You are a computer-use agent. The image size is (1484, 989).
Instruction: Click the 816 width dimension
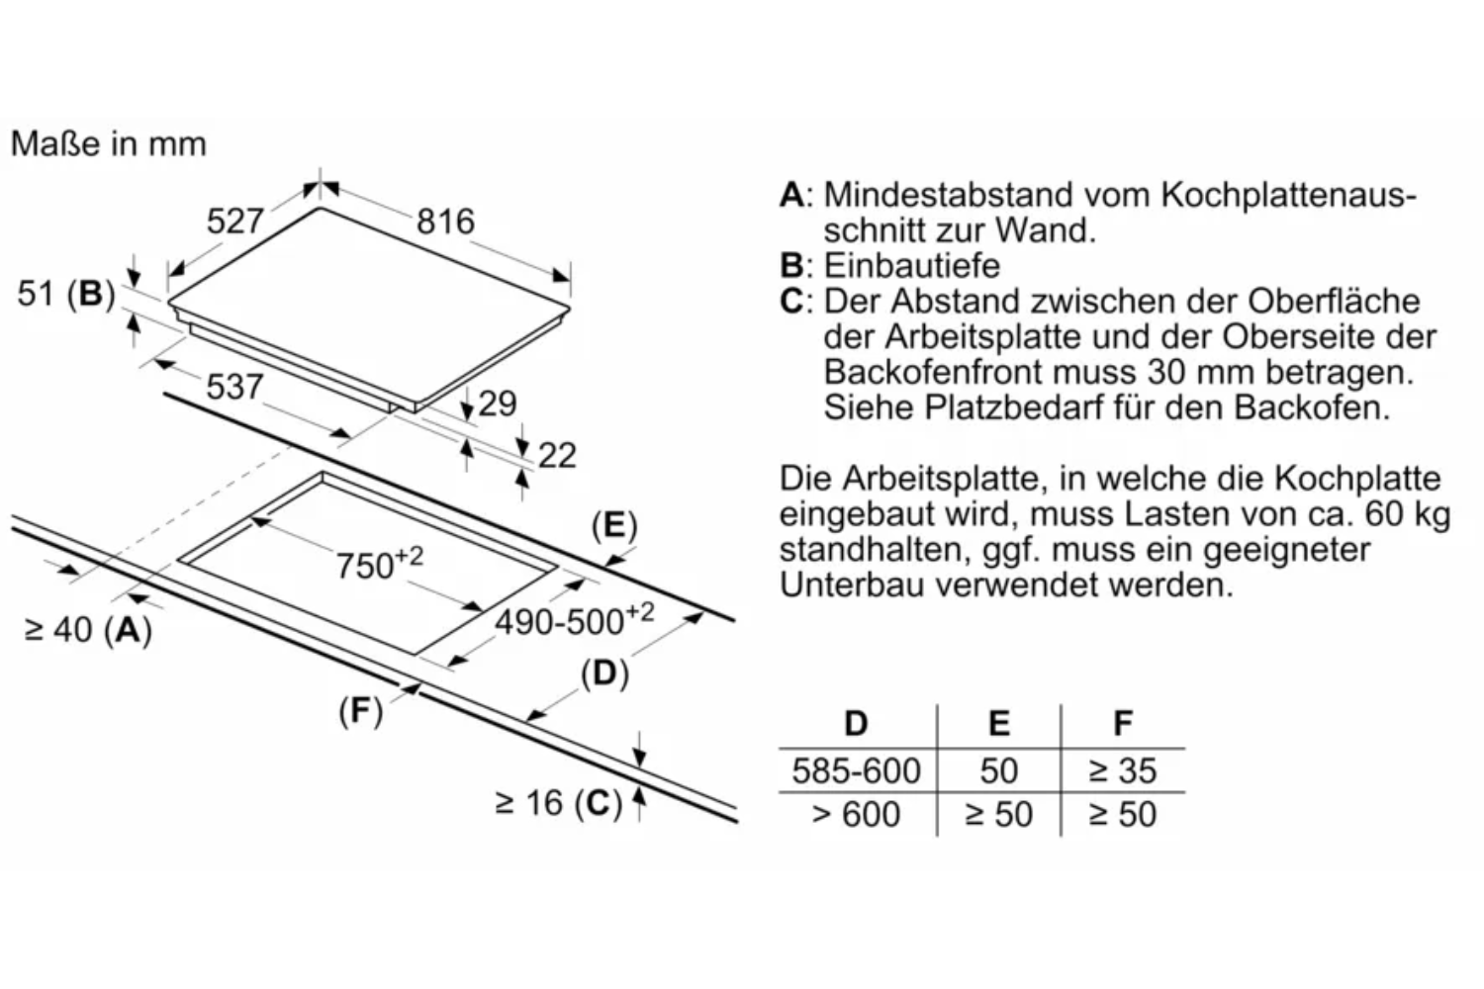(445, 222)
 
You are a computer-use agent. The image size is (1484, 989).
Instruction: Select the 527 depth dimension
(235, 221)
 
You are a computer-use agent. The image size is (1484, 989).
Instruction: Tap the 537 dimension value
(234, 386)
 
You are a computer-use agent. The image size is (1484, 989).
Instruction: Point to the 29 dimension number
(497, 404)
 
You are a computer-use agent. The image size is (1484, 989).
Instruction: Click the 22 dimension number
(557, 455)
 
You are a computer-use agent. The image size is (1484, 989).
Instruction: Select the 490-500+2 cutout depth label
(575, 620)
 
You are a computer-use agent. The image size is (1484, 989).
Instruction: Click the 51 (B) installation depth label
(66, 294)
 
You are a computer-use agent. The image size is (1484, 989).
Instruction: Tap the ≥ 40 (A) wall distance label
(88, 630)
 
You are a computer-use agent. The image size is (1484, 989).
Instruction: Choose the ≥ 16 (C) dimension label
(559, 803)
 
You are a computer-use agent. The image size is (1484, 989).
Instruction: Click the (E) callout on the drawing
(614, 526)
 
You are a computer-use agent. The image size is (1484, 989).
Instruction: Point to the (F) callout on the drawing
(360, 711)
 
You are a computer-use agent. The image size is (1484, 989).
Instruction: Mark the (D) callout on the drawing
(604, 674)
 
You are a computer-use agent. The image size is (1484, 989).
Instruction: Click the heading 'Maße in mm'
(109, 143)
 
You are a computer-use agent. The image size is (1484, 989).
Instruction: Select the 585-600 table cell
(856, 770)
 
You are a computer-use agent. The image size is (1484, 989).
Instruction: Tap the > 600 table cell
(856, 814)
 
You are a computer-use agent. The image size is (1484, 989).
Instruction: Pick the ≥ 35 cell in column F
(1122, 770)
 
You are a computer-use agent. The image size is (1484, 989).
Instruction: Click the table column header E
(999, 723)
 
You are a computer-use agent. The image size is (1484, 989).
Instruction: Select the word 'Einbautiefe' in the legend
(911, 266)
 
